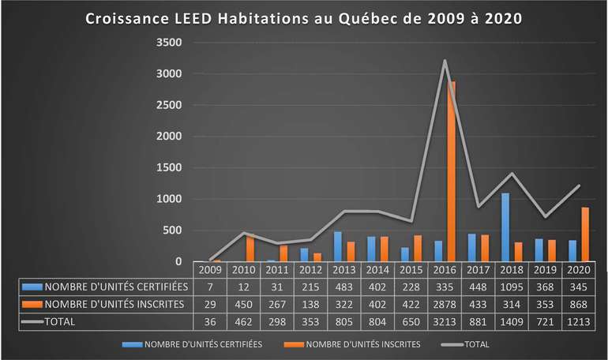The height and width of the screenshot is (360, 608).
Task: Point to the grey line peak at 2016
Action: [444, 61]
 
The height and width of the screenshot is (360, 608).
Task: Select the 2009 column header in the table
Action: [209, 270]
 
